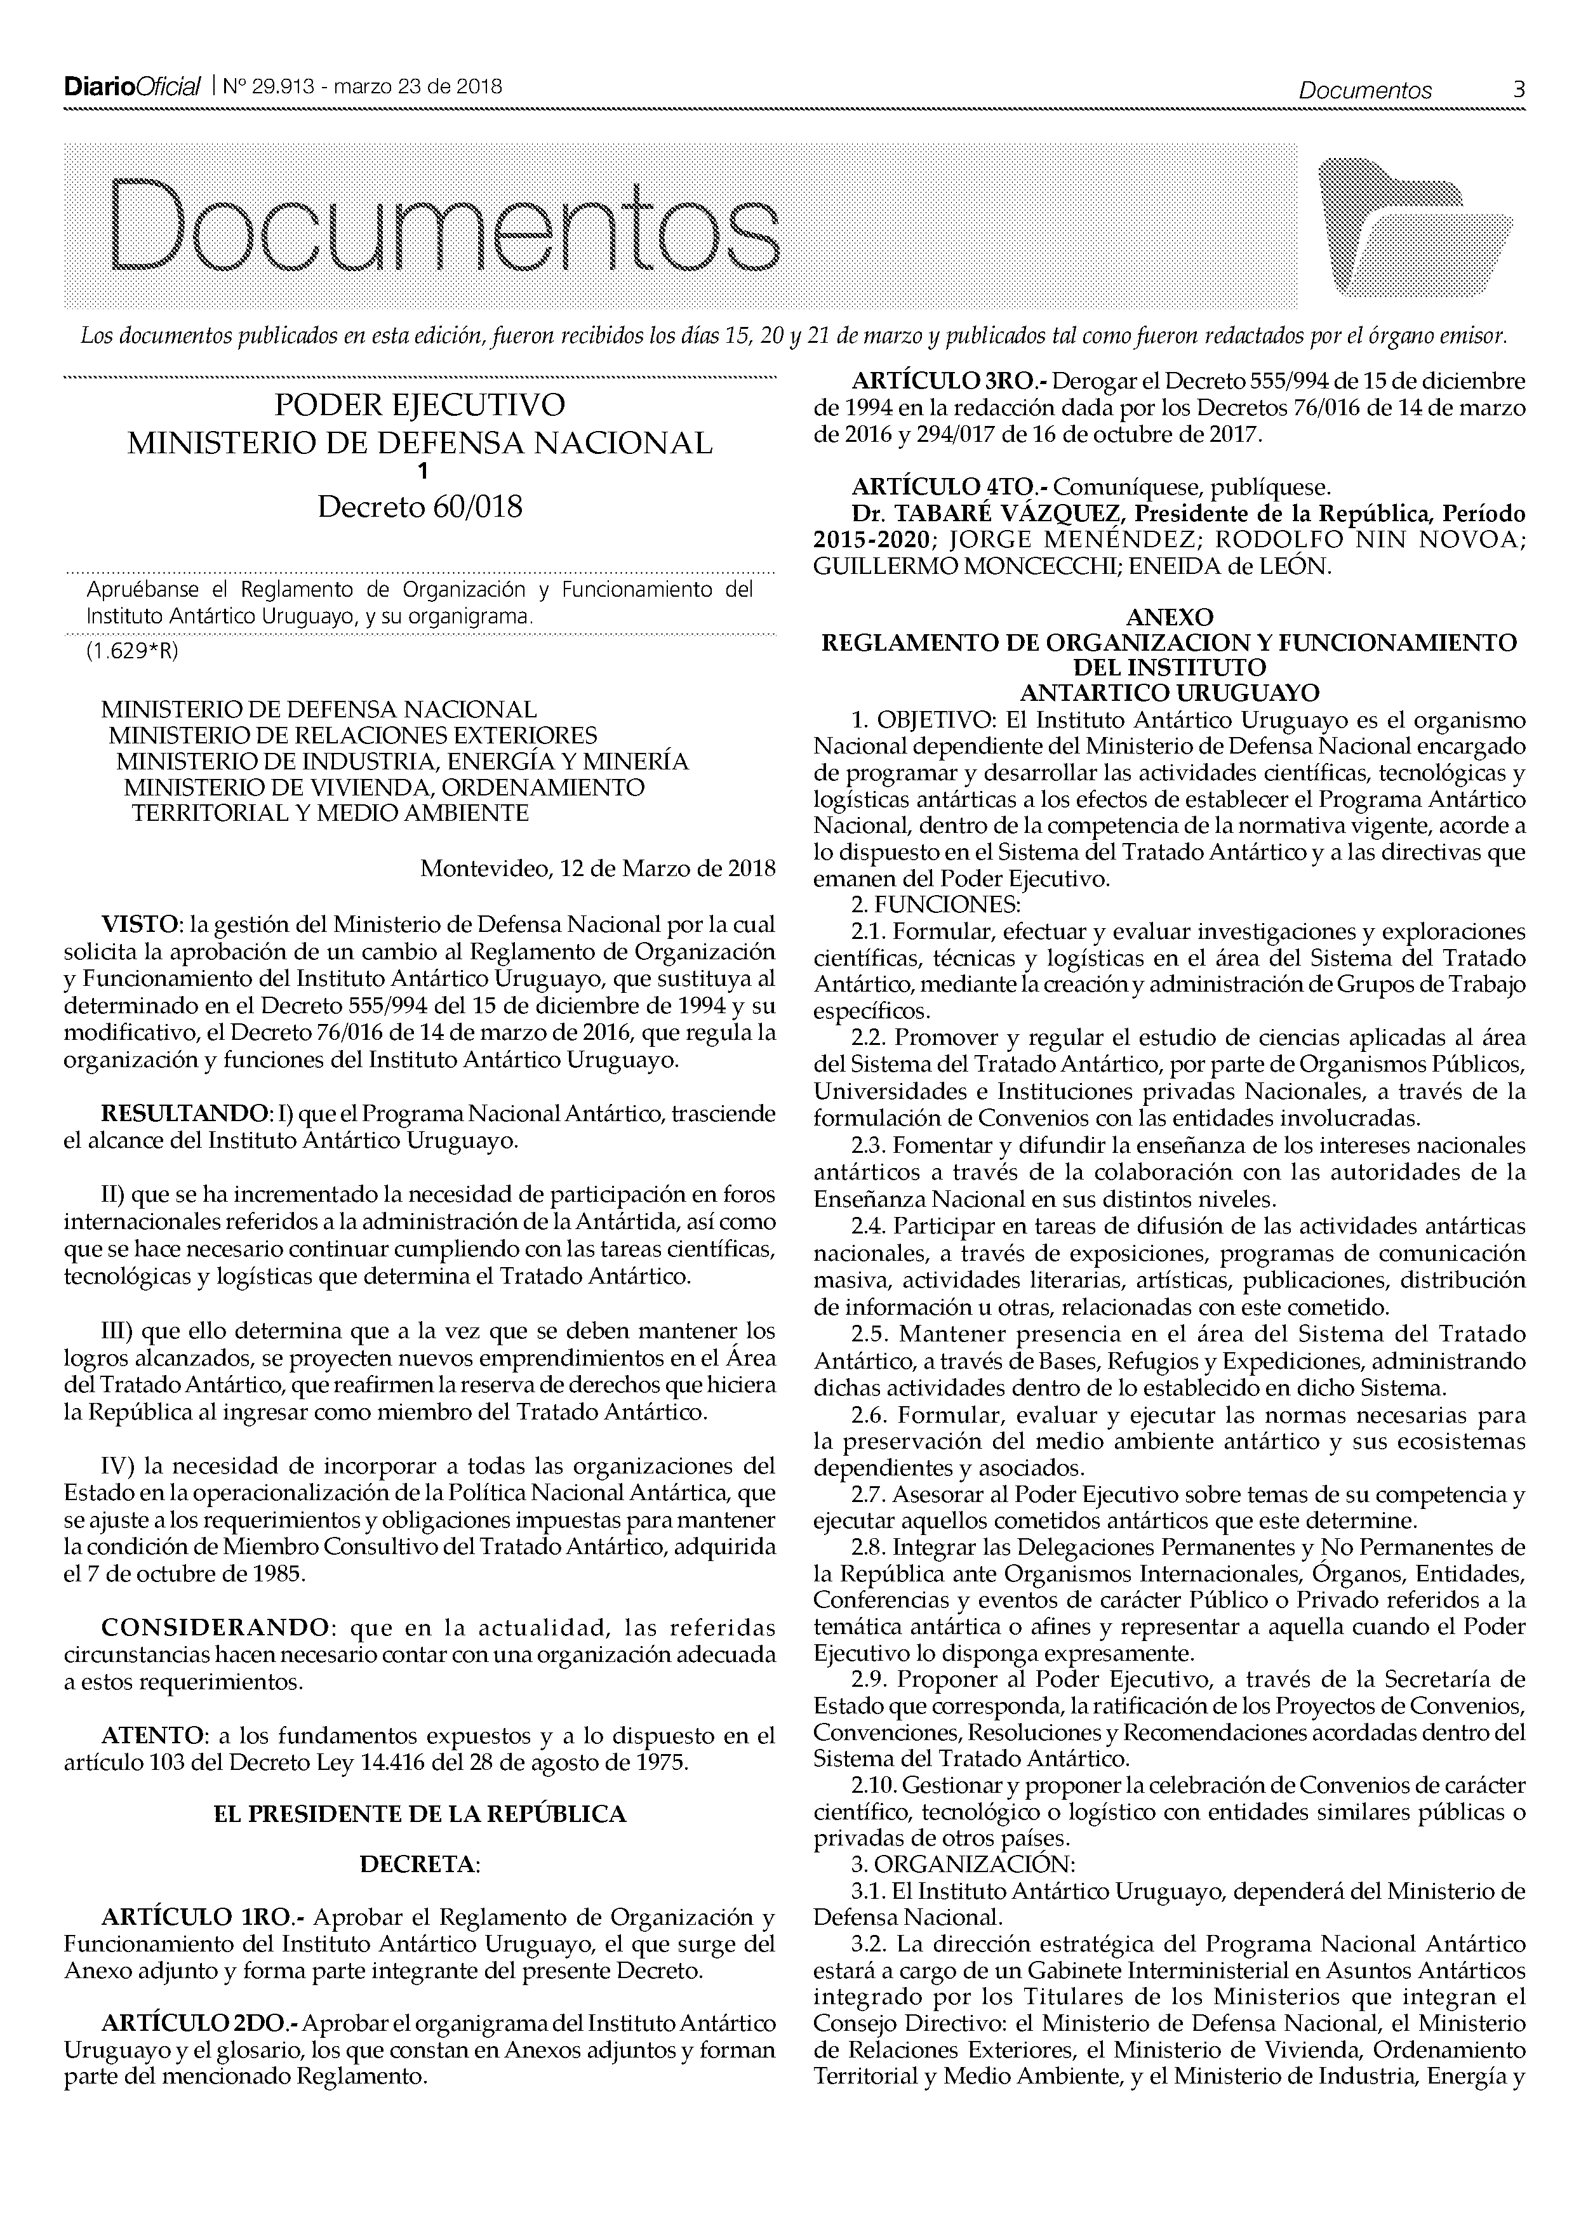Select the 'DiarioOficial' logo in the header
(132, 88)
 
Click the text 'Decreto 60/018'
(419, 507)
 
